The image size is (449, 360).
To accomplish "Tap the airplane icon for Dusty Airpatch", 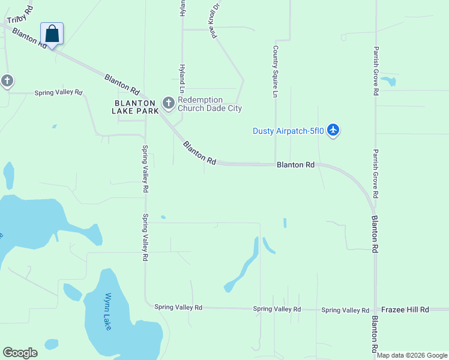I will coord(334,130).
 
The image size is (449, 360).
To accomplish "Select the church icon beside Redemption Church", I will coord(169,104).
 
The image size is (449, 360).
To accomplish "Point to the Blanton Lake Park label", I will coord(136,107).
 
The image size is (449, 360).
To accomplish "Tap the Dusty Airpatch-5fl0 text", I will coord(288,130).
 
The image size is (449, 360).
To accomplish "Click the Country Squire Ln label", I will coord(276,71).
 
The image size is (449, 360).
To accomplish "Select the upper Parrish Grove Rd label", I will coord(376,71).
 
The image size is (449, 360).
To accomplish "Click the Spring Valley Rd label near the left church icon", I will coord(58,93).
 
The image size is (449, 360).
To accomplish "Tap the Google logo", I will coord(20,353).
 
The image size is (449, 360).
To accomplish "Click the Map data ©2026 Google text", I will coord(412,355).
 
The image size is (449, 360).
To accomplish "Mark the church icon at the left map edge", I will coord(7,80).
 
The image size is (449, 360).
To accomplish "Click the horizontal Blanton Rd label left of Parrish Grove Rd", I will coord(295,164).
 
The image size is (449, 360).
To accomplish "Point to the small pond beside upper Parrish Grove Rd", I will coord(389,80).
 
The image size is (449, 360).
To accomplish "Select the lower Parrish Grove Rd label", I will coord(376,174).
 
